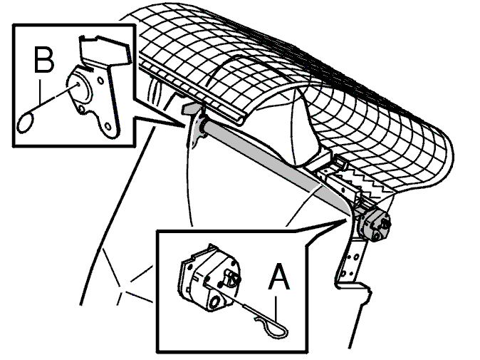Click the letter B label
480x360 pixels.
click(43, 59)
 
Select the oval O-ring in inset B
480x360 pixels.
click(26, 123)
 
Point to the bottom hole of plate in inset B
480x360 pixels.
click(108, 126)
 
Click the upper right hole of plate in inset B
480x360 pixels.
click(100, 81)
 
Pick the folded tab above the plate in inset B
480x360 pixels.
click(105, 51)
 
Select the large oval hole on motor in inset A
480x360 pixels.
click(215, 302)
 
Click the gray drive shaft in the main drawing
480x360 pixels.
click(277, 166)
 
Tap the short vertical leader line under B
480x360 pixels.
click(40, 91)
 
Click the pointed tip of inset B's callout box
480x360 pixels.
click(184, 127)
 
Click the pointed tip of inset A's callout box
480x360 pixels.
click(347, 220)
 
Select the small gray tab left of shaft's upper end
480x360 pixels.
click(190, 108)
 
